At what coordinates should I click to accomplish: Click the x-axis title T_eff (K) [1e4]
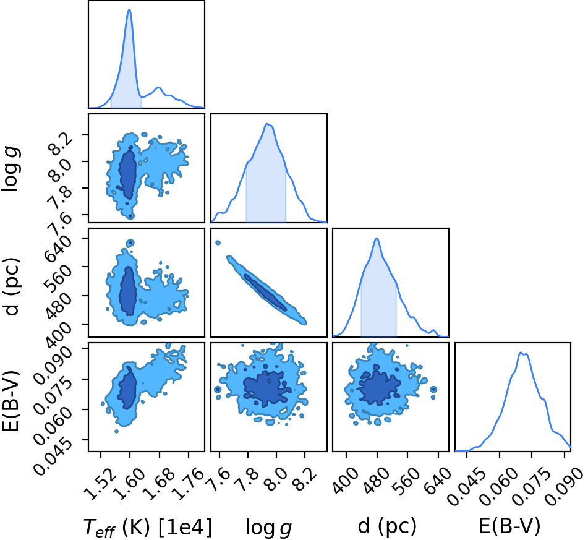(x=147, y=527)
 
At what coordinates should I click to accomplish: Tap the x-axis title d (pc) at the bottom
(x=387, y=526)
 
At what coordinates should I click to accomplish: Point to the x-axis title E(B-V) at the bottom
(x=509, y=526)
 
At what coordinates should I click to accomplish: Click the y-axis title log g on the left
(x=11, y=170)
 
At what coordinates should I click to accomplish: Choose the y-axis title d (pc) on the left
(x=11, y=286)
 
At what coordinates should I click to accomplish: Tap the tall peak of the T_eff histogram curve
(x=129, y=9)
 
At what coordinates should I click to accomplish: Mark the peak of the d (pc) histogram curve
(x=377, y=238)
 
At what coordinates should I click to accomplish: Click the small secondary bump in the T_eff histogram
(x=159, y=87)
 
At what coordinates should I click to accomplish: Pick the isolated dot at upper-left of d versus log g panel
(x=218, y=243)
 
